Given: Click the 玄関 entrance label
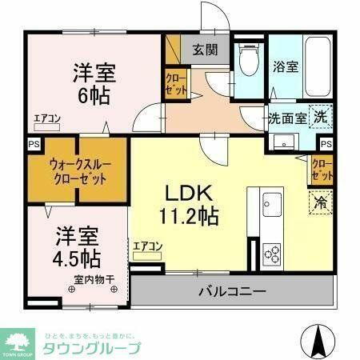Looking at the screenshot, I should coord(204,50).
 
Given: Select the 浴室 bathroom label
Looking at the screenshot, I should coord(287,67).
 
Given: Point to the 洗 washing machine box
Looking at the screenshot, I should coord(318,115).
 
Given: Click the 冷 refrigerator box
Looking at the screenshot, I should coord(319,203).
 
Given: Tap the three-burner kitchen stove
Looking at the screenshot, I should coord(273,255).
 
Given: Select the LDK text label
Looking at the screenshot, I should coord(188,194).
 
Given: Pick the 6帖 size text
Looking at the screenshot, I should coord(94,93).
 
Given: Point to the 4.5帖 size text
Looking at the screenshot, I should coord(77,258).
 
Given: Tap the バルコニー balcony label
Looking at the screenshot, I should coord(232,290).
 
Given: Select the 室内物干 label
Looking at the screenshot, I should coord(94,279).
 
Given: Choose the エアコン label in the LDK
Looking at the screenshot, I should coord(148,246).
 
